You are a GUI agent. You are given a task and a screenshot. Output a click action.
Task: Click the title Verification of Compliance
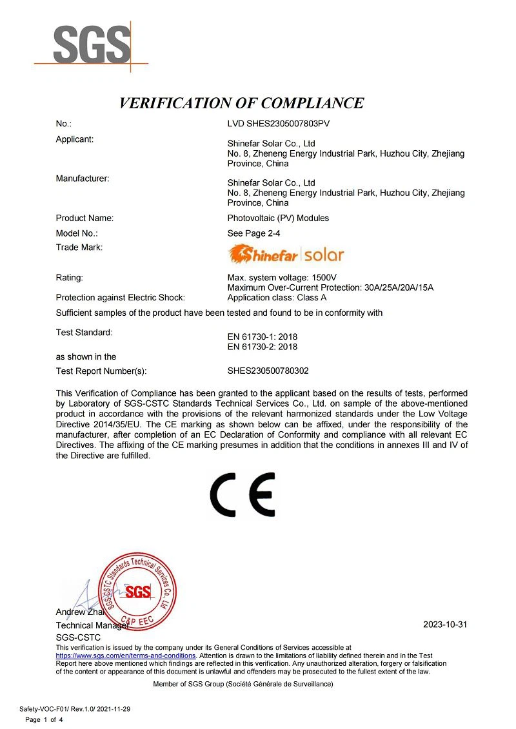click(242, 103)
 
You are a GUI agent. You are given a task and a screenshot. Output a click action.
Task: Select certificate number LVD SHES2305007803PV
click(279, 123)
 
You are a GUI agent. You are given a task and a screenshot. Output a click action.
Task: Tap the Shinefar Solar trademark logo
click(286, 255)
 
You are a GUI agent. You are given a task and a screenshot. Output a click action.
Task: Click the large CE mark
click(243, 494)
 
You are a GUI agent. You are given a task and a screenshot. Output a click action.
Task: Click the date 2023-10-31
click(444, 625)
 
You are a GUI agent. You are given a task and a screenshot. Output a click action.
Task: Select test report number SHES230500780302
click(272, 371)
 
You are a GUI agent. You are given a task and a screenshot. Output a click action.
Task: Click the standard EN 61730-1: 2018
click(263, 336)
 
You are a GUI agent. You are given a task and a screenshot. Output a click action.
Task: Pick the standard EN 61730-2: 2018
click(263, 347)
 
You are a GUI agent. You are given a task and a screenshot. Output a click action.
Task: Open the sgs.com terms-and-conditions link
click(126, 656)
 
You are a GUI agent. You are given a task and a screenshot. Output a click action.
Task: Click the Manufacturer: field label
click(83, 178)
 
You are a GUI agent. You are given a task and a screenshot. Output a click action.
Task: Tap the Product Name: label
click(84, 218)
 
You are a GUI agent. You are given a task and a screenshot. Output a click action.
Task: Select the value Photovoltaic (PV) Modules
click(278, 218)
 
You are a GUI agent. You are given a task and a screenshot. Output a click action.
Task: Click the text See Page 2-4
click(253, 233)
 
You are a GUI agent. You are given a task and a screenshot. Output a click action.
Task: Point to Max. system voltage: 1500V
click(278, 277)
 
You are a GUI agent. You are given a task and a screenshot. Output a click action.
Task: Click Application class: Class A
click(277, 297)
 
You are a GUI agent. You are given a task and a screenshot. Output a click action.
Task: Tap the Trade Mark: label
click(79, 247)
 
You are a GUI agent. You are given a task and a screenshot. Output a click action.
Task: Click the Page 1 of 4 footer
click(44, 719)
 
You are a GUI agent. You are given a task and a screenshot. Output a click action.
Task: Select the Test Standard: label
click(84, 333)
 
